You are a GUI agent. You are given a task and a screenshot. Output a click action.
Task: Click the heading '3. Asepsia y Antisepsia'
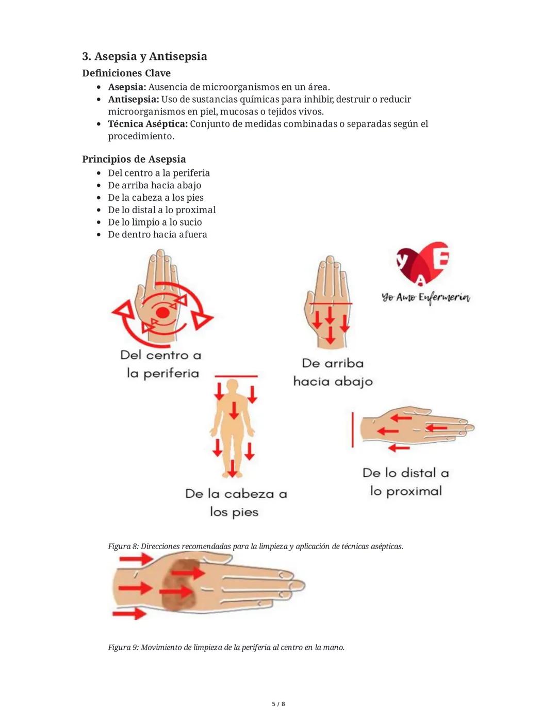coord(144,56)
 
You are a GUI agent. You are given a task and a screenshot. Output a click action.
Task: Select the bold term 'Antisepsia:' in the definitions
coord(133,99)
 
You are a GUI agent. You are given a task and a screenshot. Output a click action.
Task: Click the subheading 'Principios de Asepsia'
coord(134,159)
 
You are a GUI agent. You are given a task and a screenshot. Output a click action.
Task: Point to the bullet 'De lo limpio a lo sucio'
coord(155,222)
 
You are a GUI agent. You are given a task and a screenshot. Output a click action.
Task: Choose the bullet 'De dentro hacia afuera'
coord(157,234)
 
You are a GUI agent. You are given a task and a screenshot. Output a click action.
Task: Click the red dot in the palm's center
coord(162,313)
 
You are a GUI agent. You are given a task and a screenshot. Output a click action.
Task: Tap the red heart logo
coord(423,263)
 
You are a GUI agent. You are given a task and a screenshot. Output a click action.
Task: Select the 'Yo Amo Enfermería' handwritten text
coord(426,298)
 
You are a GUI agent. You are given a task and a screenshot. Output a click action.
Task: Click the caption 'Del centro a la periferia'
coord(161,364)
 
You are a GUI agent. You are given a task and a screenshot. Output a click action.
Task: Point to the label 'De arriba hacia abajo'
coord(333,372)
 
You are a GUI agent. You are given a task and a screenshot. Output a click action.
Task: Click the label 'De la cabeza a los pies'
coord(236,503)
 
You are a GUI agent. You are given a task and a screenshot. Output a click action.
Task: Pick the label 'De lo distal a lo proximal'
coord(406,482)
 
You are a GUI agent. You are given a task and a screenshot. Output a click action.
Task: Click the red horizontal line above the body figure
coord(236,377)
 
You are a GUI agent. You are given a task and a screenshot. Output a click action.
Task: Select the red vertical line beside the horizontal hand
coord(353,429)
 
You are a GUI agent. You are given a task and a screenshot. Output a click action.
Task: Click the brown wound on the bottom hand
coord(179,586)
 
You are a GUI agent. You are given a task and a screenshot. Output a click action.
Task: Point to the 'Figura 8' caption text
coord(255,546)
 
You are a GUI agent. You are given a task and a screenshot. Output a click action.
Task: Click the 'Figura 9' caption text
coord(226,647)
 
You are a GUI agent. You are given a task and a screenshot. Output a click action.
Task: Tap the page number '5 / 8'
coord(278,704)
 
